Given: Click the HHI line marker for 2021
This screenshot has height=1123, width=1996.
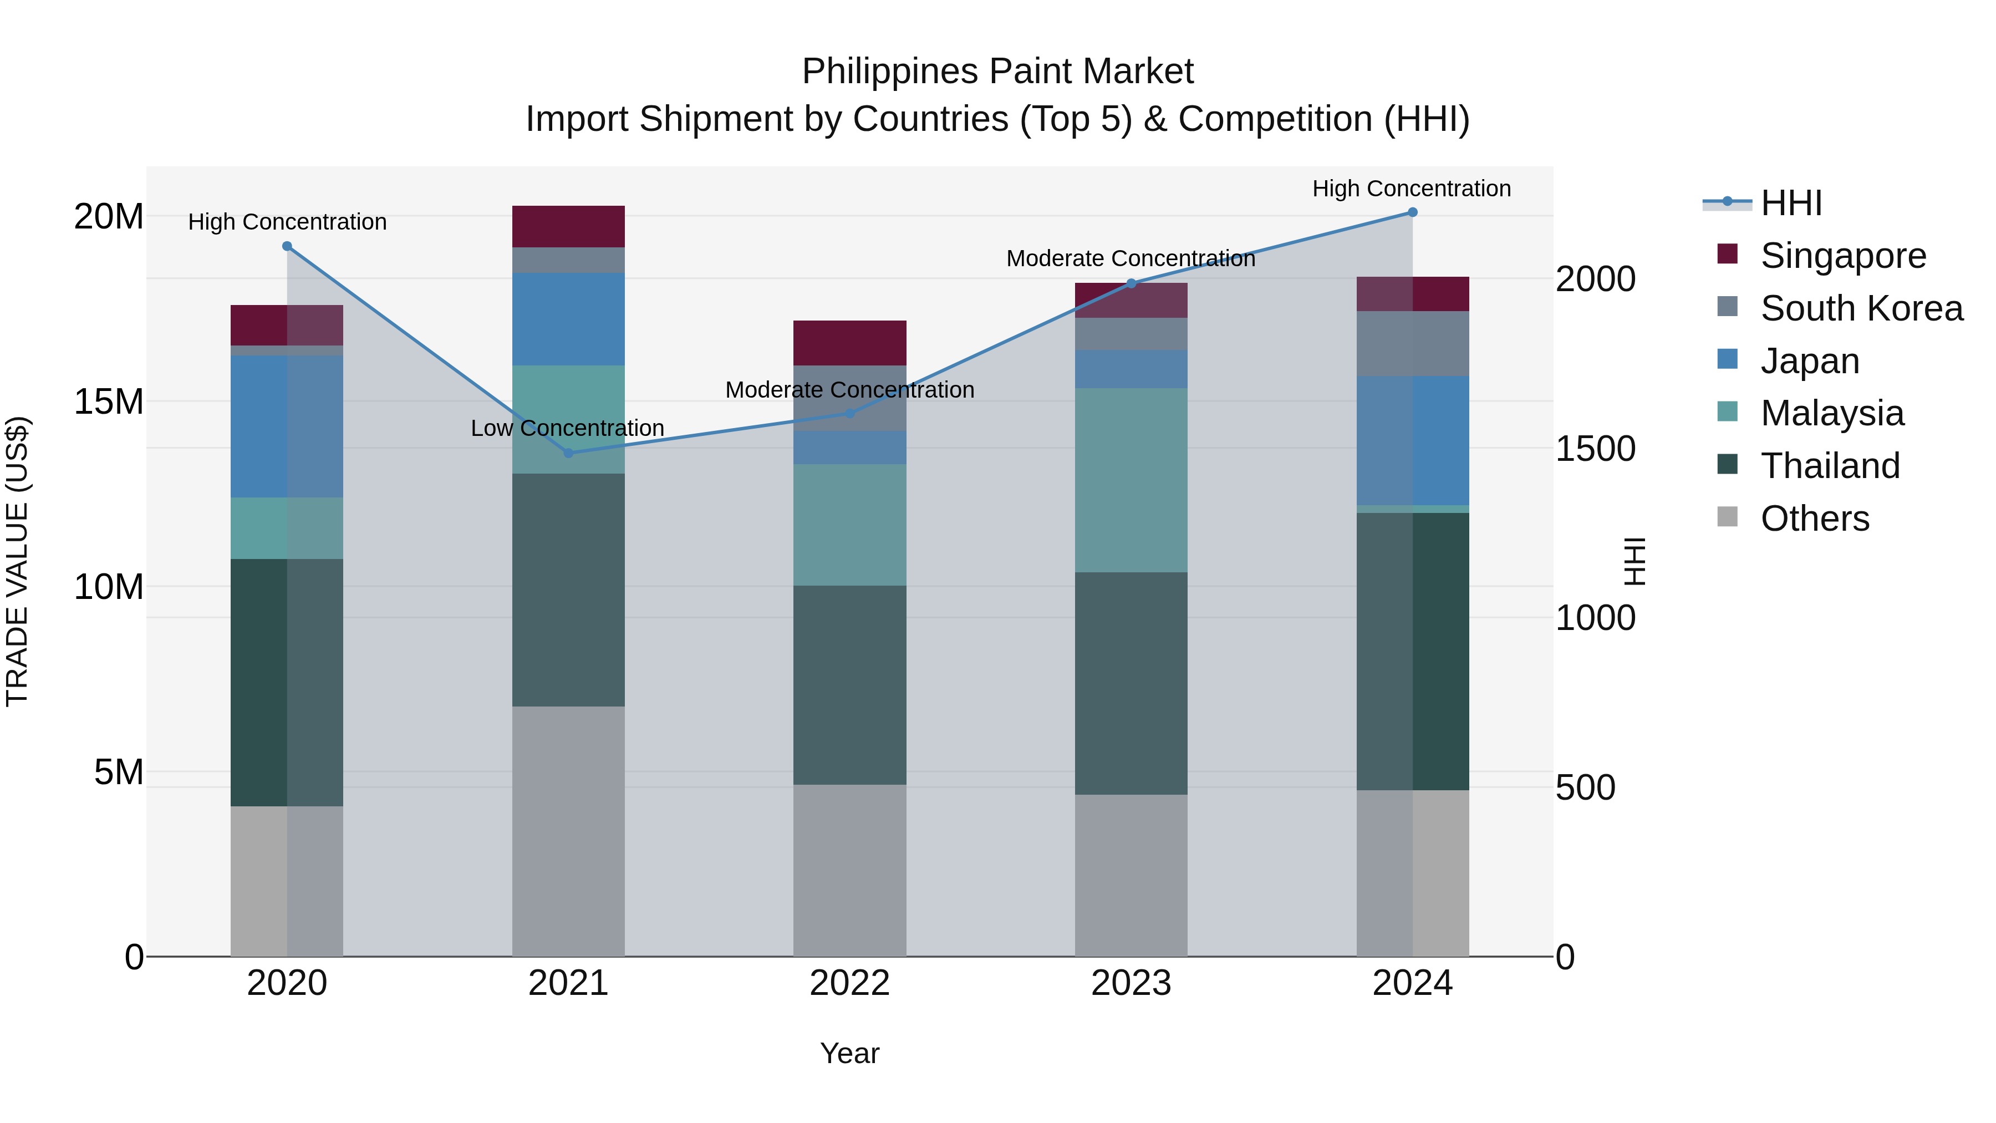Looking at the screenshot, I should [568, 453].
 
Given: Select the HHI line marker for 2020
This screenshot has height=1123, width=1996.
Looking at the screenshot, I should [287, 246].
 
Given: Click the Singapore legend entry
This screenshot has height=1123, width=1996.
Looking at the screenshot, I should [1842, 256].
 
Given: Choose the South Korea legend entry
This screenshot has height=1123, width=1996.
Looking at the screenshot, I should [1861, 308].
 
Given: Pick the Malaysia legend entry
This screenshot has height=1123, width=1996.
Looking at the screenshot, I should [1832, 413].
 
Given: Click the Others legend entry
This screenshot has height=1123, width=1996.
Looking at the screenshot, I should [1815, 519].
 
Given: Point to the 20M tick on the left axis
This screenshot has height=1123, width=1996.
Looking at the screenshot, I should [109, 216].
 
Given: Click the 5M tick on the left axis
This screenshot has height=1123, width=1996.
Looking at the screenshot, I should [119, 772].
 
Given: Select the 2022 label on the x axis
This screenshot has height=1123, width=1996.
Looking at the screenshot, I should [849, 983].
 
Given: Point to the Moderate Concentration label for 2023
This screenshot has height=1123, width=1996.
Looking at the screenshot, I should [1131, 259].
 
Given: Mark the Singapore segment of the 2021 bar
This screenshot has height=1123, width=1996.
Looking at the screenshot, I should [568, 226].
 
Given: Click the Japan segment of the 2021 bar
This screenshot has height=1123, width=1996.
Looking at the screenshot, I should [568, 318].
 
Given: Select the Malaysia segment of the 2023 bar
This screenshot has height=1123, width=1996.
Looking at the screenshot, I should [1131, 480].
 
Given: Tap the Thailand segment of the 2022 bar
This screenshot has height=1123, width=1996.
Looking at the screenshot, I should [849, 684].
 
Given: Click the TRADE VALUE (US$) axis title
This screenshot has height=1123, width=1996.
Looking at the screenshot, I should [17, 561].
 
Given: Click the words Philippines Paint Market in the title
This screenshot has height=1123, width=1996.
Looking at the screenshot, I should [997, 72].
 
